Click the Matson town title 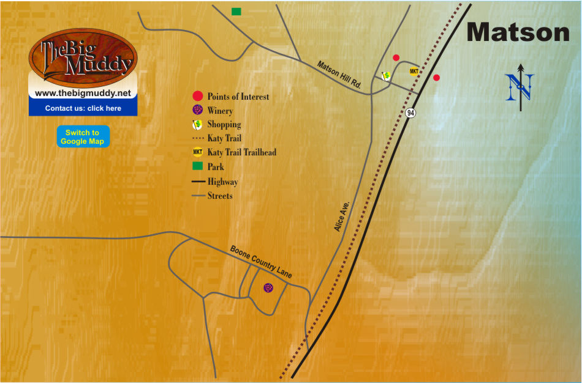click(518, 32)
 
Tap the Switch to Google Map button click(83, 137)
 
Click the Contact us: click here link click(83, 108)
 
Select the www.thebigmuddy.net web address click(83, 94)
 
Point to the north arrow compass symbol click(520, 87)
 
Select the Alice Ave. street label click(342, 215)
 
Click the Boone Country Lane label click(261, 262)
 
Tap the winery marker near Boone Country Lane click(268, 288)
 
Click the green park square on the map click(236, 12)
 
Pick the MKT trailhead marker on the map click(414, 72)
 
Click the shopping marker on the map click(387, 75)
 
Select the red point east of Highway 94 click(436, 78)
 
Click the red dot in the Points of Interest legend click(197, 96)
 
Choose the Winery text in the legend click(220, 111)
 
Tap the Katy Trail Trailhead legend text click(241, 152)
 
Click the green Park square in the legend click(197, 166)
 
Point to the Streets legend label click(220, 196)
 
